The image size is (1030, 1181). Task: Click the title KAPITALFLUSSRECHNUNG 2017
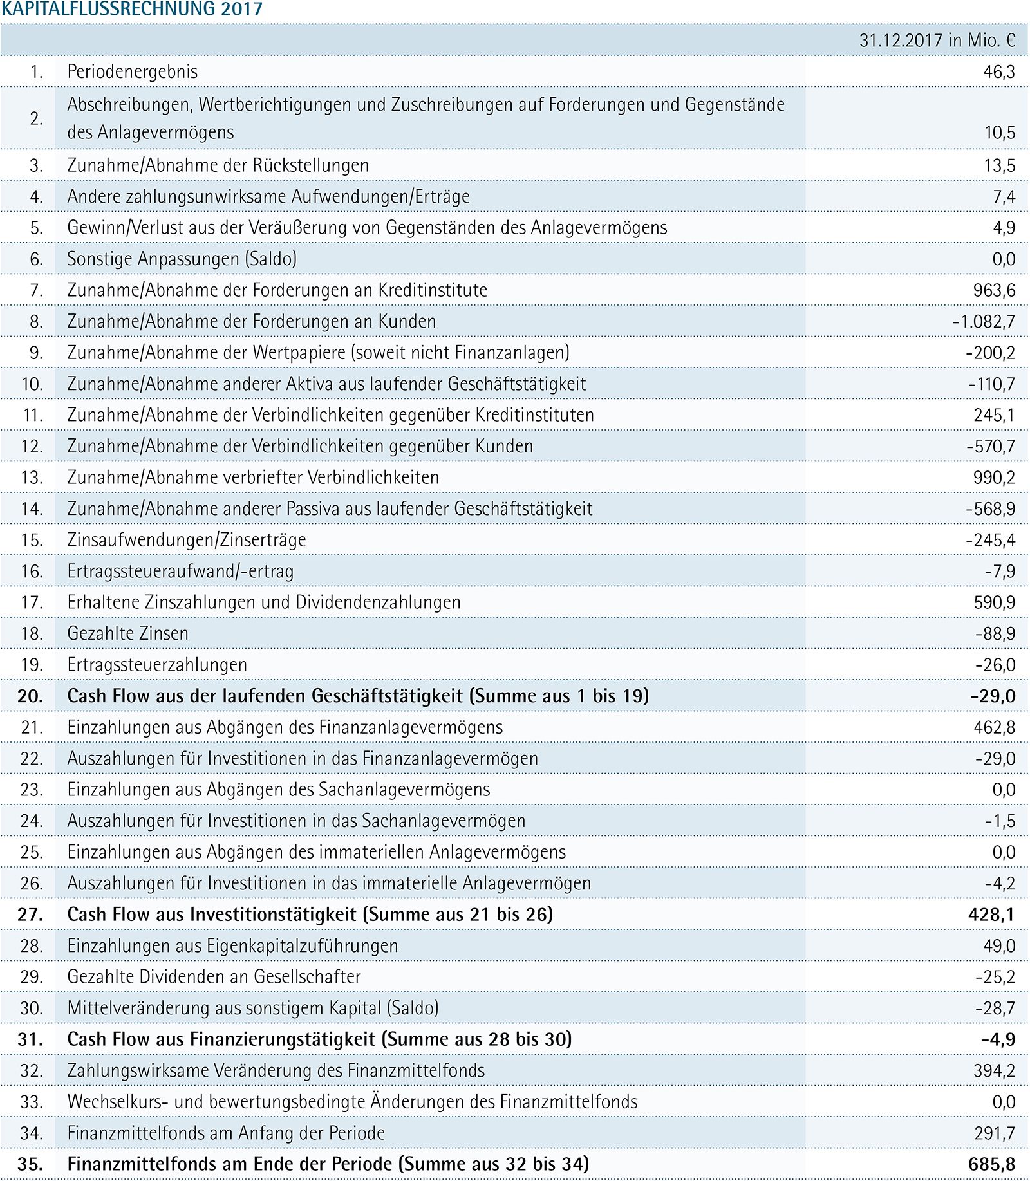[x=132, y=9]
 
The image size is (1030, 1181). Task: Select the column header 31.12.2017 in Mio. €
[x=937, y=41]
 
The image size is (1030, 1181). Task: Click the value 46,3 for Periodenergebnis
[x=999, y=71]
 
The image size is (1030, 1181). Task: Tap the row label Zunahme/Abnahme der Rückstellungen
[x=218, y=165]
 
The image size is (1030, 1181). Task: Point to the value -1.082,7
[x=984, y=322]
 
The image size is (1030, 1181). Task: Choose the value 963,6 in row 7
[x=994, y=290]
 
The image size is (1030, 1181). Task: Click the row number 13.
[x=32, y=478]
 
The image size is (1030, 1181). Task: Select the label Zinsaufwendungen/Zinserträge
[x=187, y=540]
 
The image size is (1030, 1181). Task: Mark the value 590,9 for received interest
[x=995, y=602]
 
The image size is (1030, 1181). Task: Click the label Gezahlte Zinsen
[x=127, y=634]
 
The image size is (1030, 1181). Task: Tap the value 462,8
[x=994, y=727]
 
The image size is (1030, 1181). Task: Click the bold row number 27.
[x=30, y=915]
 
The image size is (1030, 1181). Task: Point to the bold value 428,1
[x=991, y=915]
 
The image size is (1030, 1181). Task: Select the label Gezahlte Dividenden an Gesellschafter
[x=214, y=977]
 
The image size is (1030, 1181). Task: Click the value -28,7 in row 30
[x=995, y=1009]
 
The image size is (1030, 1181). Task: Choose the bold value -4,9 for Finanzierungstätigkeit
[x=998, y=1039]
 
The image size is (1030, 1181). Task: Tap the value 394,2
[x=994, y=1071]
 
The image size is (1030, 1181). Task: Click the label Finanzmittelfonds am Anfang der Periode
[x=226, y=1133]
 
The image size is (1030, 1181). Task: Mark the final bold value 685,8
[x=991, y=1164]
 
